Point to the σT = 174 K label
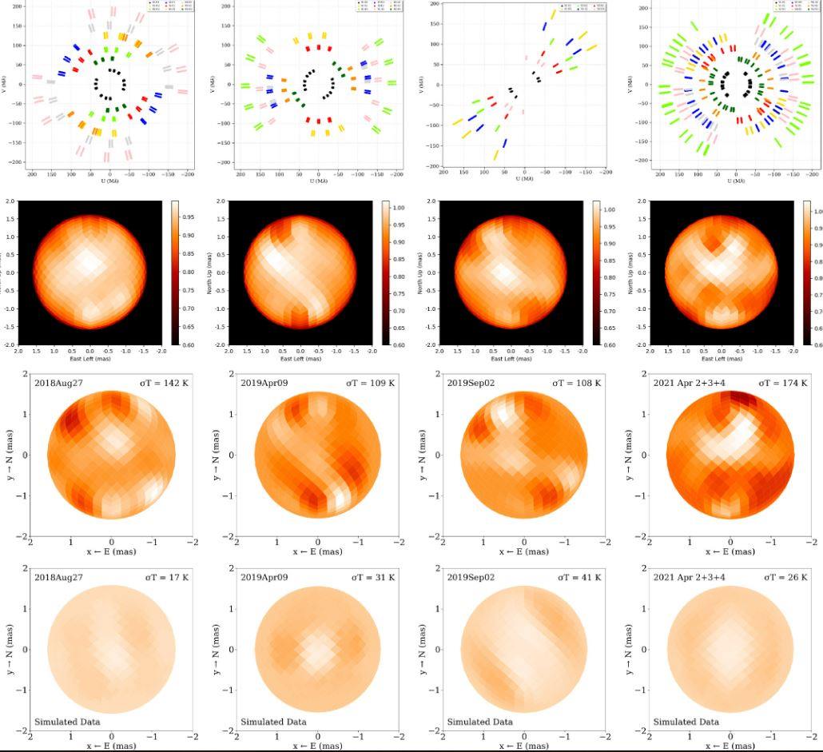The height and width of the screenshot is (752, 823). click(783, 383)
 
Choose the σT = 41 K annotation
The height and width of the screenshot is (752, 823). click(578, 577)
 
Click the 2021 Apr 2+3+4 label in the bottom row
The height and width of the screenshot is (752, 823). click(687, 577)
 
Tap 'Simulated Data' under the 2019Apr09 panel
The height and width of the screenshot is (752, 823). click(273, 722)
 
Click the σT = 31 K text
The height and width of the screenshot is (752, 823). click(372, 577)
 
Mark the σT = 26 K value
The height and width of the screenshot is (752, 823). click(785, 577)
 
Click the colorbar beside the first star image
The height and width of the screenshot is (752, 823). click(177, 273)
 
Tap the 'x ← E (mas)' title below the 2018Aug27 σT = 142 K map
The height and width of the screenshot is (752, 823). click(111, 551)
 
